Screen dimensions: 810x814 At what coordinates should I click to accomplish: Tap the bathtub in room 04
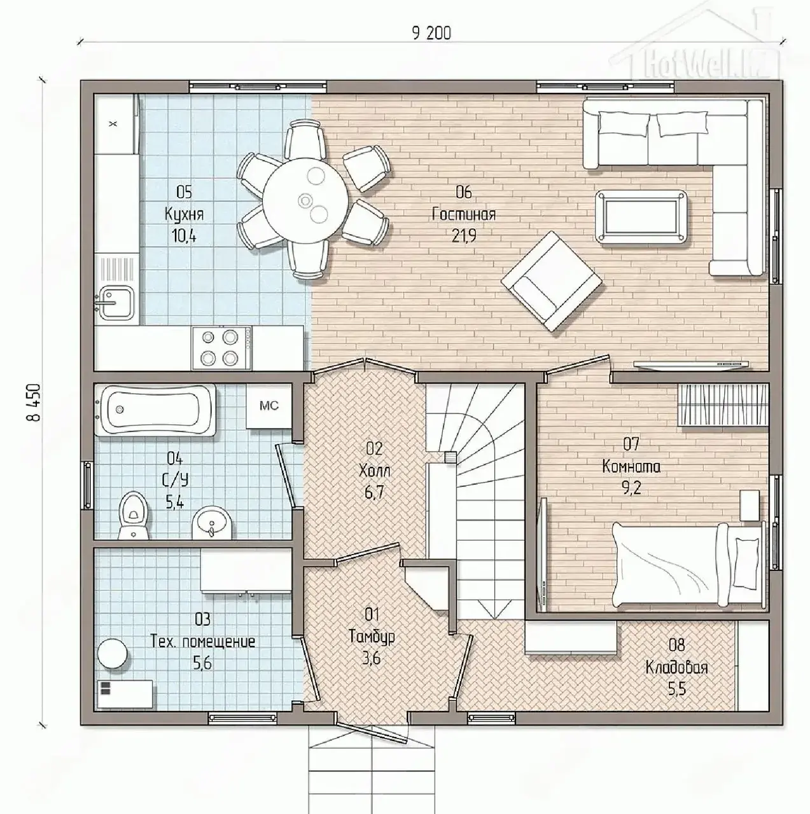coord(155,410)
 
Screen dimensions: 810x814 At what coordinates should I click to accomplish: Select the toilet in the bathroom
coord(134,515)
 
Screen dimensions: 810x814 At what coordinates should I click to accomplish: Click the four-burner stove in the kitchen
coord(221,348)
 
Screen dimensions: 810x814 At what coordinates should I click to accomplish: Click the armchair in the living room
coord(551,281)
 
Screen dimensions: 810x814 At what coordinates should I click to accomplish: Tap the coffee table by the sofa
coord(641,217)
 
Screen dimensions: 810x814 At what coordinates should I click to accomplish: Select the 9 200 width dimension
coord(431,33)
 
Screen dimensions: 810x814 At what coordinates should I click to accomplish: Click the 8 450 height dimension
coord(34,402)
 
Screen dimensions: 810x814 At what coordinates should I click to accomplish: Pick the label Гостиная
coord(463,214)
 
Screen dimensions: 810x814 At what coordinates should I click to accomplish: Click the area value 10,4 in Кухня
coord(184,235)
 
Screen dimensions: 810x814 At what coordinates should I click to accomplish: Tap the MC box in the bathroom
coord(269,406)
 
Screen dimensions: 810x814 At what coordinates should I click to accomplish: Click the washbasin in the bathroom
coord(212,523)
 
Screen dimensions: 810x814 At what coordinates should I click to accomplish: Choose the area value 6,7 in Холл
coord(374,492)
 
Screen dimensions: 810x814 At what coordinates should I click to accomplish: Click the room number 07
coord(631,444)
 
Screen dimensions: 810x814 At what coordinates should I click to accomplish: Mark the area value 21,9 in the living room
coord(463,235)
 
